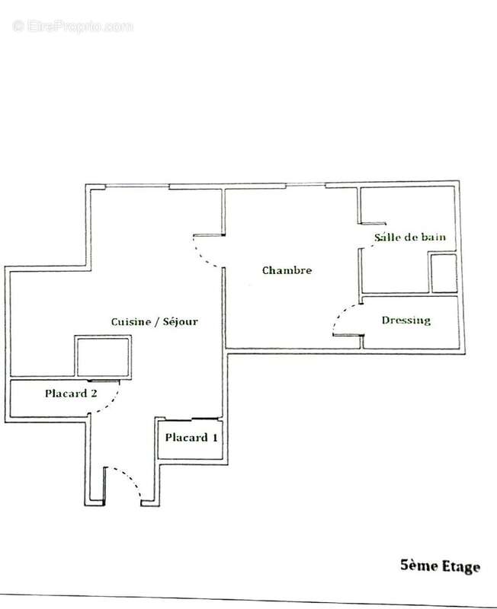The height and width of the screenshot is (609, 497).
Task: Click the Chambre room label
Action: pyautogui.click(x=287, y=270)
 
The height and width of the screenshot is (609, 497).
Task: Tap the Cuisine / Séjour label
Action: pyautogui.click(x=155, y=321)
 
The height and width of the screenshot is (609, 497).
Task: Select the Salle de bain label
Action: pyautogui.click(x=410, y=237)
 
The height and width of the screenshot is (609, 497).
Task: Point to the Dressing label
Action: pyautogui.click(x=406, y=320)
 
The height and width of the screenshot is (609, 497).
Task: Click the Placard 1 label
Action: pyautogui.click(x=191, y=438)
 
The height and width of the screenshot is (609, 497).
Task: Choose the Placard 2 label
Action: pyautogui.click(x=71, y=394)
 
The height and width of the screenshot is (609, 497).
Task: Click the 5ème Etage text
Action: pyautogui.click(x=441, y=566)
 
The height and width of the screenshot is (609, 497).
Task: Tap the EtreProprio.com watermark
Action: pyautogui.click(x=72, y=27)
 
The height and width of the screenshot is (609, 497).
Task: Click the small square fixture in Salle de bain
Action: pyautogui.click(x=444, y=273)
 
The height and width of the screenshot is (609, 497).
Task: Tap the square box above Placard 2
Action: pyautogui.click(x=103, y=356)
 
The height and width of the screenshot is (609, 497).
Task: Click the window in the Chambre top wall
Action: pyautogui.click(x=306, y=185)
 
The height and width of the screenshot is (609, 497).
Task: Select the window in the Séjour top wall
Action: pyautogui.click(x=137, y=186)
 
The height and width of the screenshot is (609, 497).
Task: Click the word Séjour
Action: pyautogui.click(x=181, y=321)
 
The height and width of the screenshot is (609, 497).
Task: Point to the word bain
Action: pyautogui.click(x=434, y=237)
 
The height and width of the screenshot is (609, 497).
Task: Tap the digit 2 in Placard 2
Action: pyautogui.click(x=94, y=393)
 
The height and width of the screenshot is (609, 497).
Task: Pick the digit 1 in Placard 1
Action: pyautogui.click(x=215, y=438)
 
